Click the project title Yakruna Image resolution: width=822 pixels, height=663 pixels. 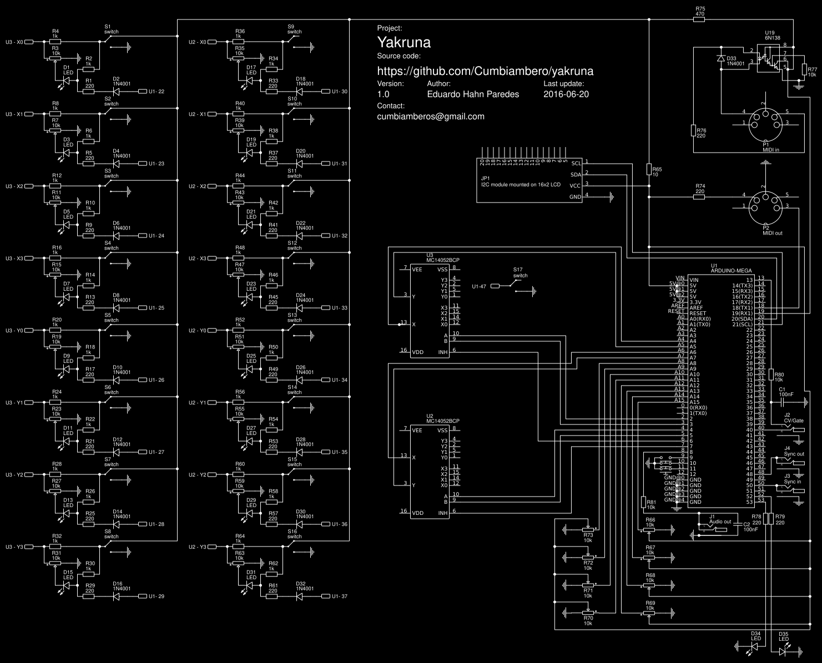click(404, 43)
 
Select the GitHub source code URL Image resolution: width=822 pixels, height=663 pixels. click(485, 71)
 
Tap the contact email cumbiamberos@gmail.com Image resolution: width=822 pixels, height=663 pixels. click(430, 117)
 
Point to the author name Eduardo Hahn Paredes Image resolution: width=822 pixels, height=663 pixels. click(473, 94)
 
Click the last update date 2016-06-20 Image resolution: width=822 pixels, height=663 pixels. click(566, 94)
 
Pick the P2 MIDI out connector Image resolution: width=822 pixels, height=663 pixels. click(765, 206)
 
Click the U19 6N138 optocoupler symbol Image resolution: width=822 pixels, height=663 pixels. click(771, 57)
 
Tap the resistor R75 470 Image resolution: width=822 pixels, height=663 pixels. click(699, 19)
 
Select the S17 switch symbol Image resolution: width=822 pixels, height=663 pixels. click(520, 284)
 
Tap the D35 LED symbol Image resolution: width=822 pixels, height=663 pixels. click(784, 646)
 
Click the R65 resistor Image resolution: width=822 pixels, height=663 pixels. click(648, 169)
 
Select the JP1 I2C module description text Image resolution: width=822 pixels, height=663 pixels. click(521, 184)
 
